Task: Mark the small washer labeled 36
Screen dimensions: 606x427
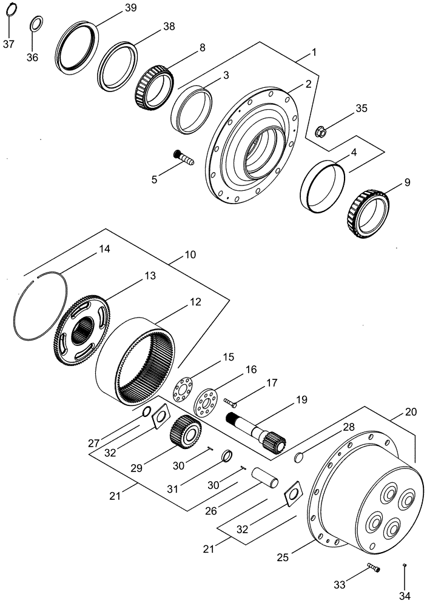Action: click(36, 24)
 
